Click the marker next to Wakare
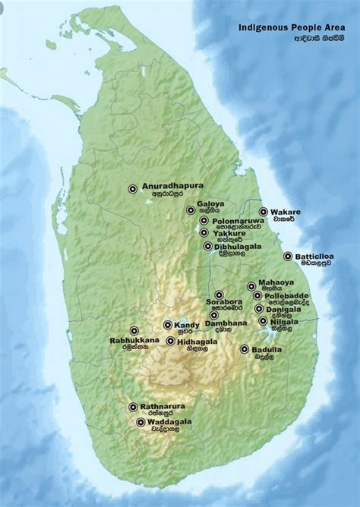point(264,213)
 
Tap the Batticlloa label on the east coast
point(314,256)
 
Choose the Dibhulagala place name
point(237,246)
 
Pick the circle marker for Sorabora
point(219,294)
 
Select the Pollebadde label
point(287,295)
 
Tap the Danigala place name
point(283,308)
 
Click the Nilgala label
point(284,321)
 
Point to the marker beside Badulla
point(245,349)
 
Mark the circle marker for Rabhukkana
point(134,331)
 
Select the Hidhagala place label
point(197,342)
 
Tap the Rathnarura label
point(163,406)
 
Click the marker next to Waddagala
point(141,422)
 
